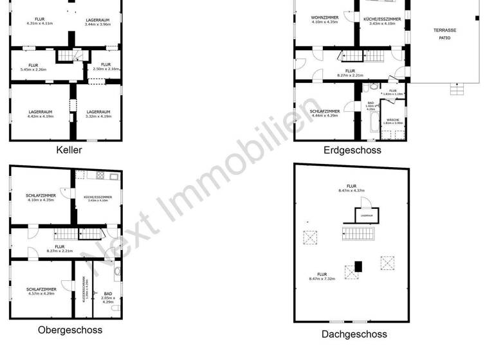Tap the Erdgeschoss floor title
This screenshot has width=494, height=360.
(x=352, y=150)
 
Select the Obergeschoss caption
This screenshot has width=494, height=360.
(x=69, y=330)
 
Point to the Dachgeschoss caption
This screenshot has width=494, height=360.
(x=354, y=334)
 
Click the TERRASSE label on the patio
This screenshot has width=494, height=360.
(x=444, y=30)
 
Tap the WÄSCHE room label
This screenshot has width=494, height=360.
(x=392, y=119)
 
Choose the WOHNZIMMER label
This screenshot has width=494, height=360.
(x=324, y=17)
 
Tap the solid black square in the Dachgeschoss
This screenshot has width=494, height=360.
(x=359, y=265)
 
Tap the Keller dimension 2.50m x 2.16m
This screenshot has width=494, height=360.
(x=105, y=69)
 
